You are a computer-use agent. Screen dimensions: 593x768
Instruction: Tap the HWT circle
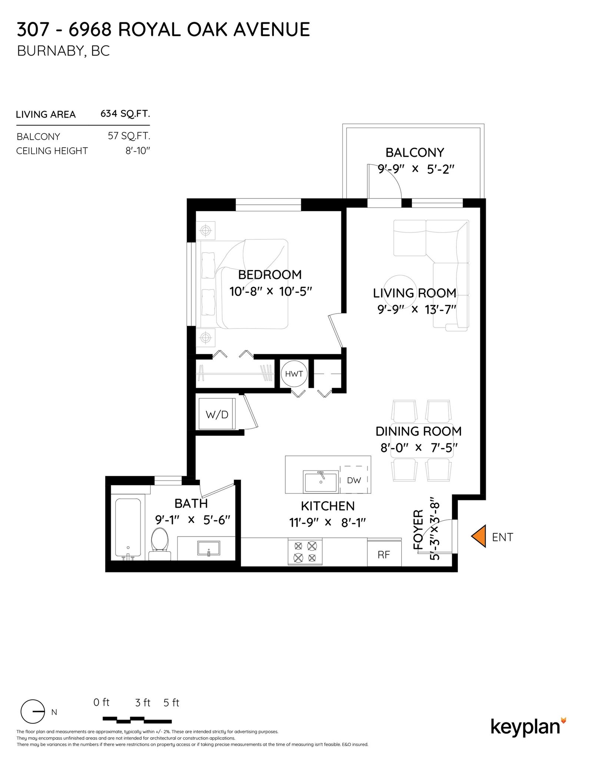coord(294,374)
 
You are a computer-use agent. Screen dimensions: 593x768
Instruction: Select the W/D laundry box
coord(217,414)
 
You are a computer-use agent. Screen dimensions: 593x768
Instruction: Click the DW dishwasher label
coord(354,480)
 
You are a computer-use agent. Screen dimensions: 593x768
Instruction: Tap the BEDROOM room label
coord(270,275)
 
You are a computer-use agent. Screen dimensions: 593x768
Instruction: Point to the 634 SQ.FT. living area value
coord(125,113)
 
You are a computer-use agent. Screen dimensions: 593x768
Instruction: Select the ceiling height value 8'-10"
coord(138,151)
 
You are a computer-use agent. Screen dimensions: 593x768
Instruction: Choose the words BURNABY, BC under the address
coord(63,51)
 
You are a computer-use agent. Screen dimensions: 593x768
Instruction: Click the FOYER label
coord(418,529)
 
